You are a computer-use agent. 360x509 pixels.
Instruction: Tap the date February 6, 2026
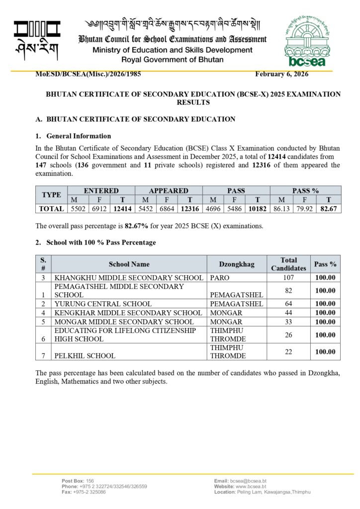tap(281, 74)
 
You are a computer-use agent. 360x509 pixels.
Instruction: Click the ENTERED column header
tap(101, 190)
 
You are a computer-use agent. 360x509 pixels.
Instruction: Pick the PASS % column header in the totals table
tap(305, 190)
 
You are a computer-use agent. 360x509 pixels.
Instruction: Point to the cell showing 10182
tap(258, 209)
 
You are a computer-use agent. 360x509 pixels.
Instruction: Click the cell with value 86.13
tap(281, 209)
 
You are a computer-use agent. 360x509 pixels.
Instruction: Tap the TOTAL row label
tap(52, 209)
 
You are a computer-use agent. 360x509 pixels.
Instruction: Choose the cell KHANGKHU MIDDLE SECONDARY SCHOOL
tap(129, 277)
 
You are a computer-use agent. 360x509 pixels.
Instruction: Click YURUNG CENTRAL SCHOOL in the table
tap(103, 303)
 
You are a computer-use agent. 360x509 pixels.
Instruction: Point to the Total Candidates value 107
tap(288, 277)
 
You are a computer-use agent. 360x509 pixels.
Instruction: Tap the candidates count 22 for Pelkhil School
tap(288, 351)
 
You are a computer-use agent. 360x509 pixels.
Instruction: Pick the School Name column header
tap(129, 264)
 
